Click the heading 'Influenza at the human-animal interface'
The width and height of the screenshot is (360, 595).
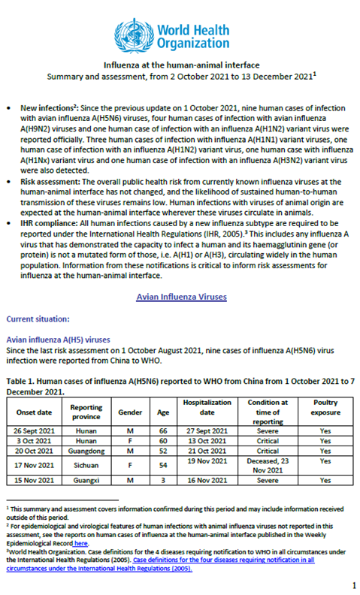tap(180, 65)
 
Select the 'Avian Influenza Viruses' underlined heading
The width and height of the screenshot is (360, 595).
tap(180, 297)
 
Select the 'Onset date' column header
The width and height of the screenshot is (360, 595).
tap(35, 412)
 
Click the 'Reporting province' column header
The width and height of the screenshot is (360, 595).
tap(86, 412)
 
